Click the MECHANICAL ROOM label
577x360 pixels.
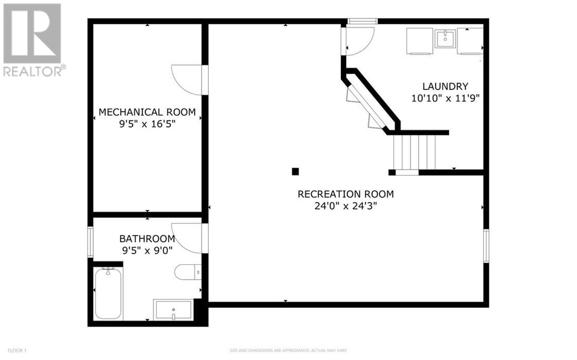coord(147,112)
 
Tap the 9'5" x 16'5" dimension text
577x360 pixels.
coord(147,124)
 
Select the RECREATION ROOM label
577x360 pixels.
coord(346,194)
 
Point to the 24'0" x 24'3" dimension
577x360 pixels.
coord(346,206)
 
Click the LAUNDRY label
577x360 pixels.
coord(445,86)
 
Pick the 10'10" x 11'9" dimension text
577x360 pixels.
coord(445,98)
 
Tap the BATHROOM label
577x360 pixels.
coord(147,239)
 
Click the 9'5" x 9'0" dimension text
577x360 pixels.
coord(147,250)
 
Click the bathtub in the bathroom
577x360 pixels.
coord(108,293)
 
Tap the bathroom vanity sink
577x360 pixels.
coord(173,310)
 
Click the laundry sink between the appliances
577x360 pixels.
coord(445,39)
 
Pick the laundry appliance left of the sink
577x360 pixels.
coord(419,41)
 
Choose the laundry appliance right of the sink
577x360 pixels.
coord(470,41)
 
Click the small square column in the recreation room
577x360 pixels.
coord(295,171)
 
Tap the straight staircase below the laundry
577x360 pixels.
coord(414,152)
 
